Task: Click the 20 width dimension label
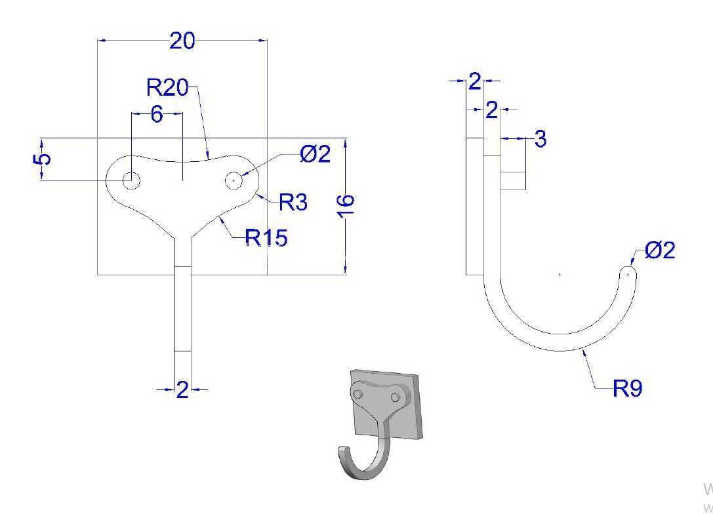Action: pos(182,41)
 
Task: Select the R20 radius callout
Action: pos(167,87)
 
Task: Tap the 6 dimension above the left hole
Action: pos(156,114)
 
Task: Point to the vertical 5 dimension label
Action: pos(42,159)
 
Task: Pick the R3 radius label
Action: pos(293,202)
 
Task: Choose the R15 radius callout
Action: pos(266,237)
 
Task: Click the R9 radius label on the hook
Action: pos(628,388)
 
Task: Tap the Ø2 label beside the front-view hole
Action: pos(315,154)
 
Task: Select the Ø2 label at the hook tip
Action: pos(660,250)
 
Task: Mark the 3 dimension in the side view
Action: pos(540,138)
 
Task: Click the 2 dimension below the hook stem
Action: pos(182,390)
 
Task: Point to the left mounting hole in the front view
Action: pos(131,180)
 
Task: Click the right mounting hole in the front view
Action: pos(234,180)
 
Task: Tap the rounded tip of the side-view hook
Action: pos(628,273)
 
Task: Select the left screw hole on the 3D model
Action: pos(358,393)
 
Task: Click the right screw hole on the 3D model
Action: pos(395,398)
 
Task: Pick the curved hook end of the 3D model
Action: pos(344,458)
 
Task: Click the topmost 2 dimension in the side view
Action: pos(475,82)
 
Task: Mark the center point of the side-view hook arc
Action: pos(560,274)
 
